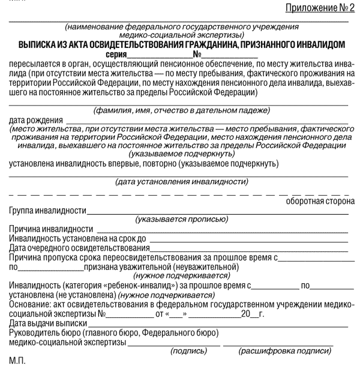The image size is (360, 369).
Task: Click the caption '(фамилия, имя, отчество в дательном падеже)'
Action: [179, 110]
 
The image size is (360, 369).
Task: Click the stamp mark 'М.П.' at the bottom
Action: [18, 361]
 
